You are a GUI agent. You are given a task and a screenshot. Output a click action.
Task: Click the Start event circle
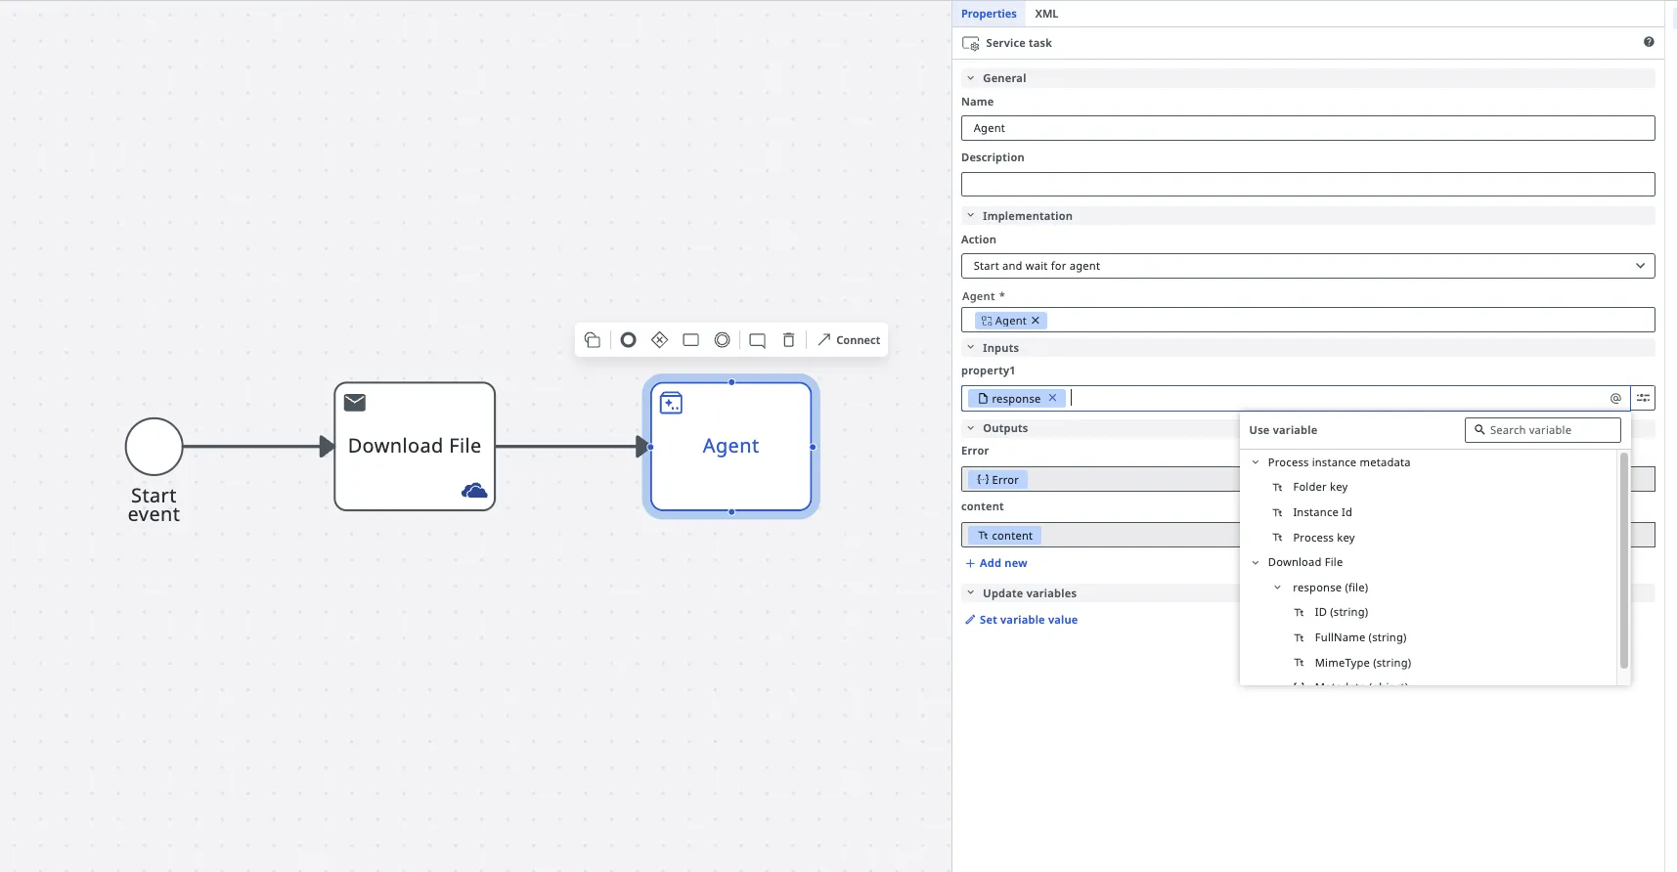click(x=154, y=447)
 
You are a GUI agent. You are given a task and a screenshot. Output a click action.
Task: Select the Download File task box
click(x=415, y=446)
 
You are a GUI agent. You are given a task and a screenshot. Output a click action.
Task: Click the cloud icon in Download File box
click(x=474, y=490)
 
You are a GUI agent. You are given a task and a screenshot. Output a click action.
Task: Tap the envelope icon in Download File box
click(x=355, y=402)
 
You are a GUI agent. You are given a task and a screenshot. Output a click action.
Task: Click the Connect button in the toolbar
click(x=849, y=340)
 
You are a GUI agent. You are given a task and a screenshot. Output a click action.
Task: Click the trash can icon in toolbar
click(x=788, y=340)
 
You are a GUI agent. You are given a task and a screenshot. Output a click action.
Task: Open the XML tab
click(x=1046, y=14)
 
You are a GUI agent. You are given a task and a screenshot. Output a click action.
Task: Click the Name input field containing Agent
click(x=1307, y=128)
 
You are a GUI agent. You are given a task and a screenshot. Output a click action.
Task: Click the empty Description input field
click(x=1307, y=184)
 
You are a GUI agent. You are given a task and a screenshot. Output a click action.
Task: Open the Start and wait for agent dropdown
click(x=1307, y=266)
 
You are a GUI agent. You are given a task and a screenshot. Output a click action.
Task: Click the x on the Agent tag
click(x=1036, y=321)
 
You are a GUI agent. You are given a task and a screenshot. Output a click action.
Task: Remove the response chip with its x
click(x=1052, y=398)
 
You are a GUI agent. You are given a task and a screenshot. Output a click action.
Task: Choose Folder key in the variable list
click(x=1319, y=487)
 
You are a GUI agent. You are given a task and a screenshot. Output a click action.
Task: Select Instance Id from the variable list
click(x=1322, y=512)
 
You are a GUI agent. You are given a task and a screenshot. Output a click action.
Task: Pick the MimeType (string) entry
click(x=1362, y=663)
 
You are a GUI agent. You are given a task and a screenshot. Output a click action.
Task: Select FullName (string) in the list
click(x=1360, y=637)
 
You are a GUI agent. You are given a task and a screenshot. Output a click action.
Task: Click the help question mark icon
click(x=1649, y=42)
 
